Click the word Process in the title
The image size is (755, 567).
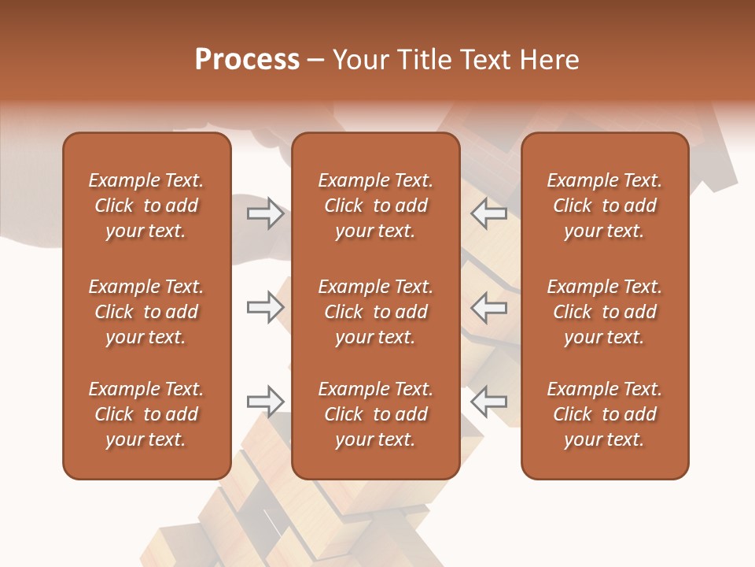tap(247, 60)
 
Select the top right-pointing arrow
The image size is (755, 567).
tap(265, 213)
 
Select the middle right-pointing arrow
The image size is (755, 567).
tap(265, 307)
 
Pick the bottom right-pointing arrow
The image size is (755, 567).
tap(265, 402)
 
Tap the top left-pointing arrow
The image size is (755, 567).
tap(489, 213)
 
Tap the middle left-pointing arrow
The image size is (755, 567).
tap(489, 307)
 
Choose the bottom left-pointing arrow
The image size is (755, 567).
tap(489, 402)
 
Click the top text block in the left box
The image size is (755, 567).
tap(146, 206)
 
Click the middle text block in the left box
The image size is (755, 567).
tap(146, 312)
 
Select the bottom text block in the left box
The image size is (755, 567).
tap(146, 414)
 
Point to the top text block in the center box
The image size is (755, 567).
tap(375, 206)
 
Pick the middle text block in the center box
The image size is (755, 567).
tap(375, 312)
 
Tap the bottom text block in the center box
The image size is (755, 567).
tap(375, 414)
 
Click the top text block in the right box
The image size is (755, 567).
tap(604, 206)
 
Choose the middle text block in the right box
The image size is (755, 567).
tap(604, 312)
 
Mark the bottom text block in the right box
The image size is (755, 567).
tap(604, 414)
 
